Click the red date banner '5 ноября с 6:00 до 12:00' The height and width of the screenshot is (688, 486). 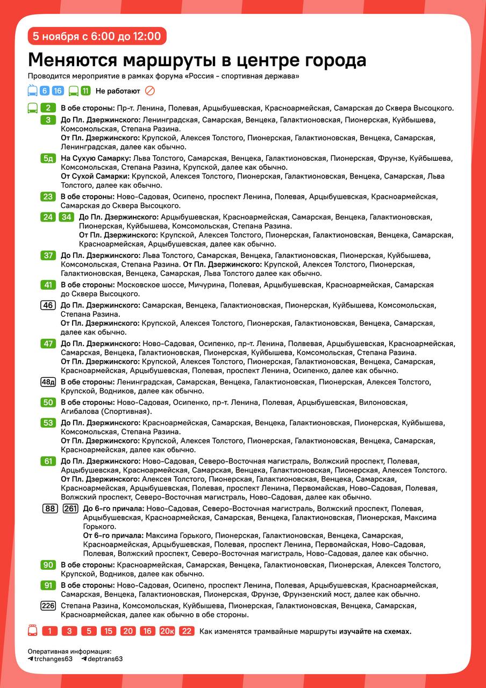(x=97, y=37)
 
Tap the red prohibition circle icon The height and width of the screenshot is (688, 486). (x=150, y=91)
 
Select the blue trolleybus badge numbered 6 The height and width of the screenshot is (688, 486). (x=44, y=91)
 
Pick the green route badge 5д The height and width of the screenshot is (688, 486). (x=48, y=159)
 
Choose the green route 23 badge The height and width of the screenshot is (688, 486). (x=48, y=197)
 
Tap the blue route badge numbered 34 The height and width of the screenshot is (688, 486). (x=66, y=217)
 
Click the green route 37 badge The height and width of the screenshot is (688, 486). (x=48, y=255)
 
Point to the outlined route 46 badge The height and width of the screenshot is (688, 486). (x=48, y=305)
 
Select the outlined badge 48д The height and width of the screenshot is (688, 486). (x=48, y=382)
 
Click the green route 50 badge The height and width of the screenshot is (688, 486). (x=48, y=402)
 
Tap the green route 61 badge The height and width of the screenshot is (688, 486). (x=48, y=461)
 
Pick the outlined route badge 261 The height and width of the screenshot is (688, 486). (x=70, y=508)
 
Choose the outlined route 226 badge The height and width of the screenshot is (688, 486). (x=48, y=606)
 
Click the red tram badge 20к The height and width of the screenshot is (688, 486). (x=167, y=631)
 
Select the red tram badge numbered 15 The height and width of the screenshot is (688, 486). (x=108, y=631)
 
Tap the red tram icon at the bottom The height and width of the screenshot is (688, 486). (x=33, y=631)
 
